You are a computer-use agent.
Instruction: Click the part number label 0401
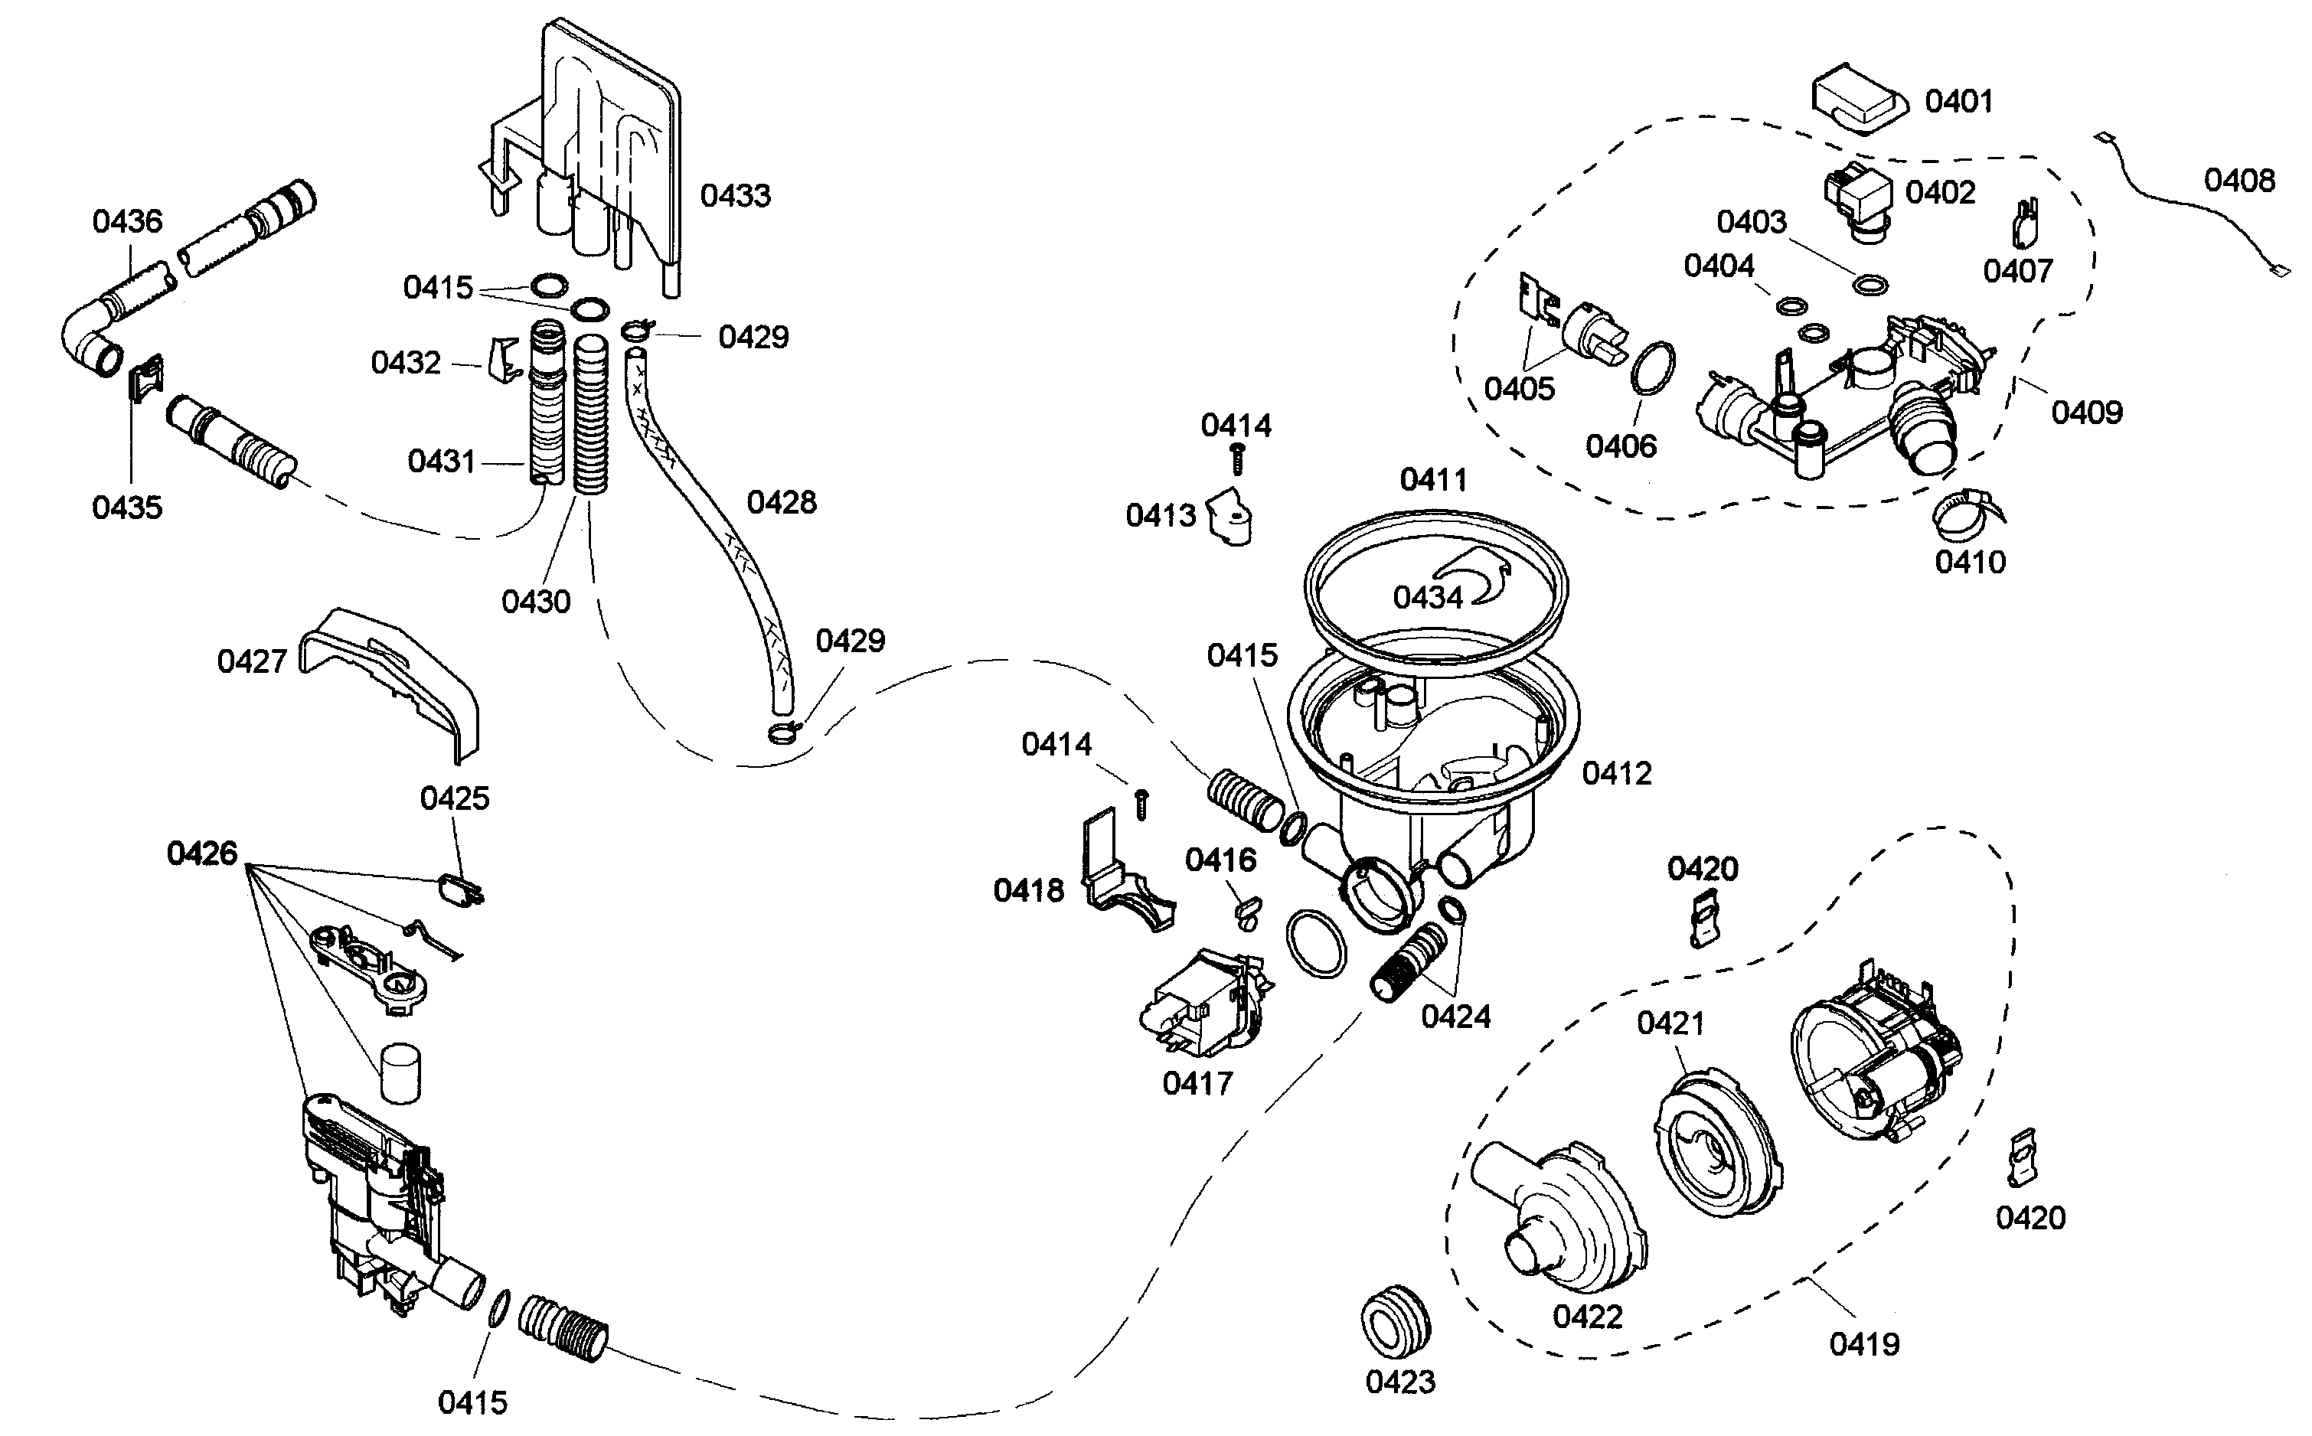(1958, 102)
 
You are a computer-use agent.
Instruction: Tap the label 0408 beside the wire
(2239, 181)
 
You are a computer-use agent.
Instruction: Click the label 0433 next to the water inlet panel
(734, 196)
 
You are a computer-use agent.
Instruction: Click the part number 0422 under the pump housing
(1587, 1317)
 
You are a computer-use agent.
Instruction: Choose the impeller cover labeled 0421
(1717, 1144)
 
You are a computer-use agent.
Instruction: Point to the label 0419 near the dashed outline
(1863, 1344)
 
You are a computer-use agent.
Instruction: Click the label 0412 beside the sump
(1617, 773)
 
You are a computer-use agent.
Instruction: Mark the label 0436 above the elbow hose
(127, 221)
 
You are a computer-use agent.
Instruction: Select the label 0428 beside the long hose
(781, 502)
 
